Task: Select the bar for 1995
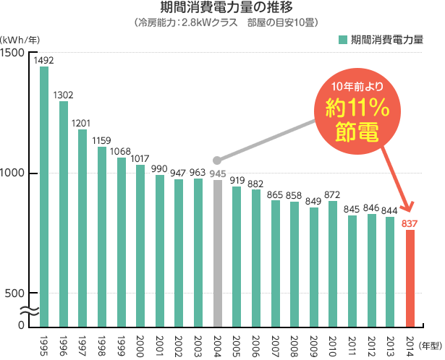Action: [44, 195]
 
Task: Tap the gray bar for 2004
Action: [218, 253]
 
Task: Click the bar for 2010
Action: [333, 264]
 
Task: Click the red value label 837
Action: [411, 223]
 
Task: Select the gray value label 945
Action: [218, 173]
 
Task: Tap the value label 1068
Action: [121, 151]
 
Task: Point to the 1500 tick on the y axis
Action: [14, 53]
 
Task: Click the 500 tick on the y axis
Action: [17, 293]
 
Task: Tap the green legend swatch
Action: [342, 37]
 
